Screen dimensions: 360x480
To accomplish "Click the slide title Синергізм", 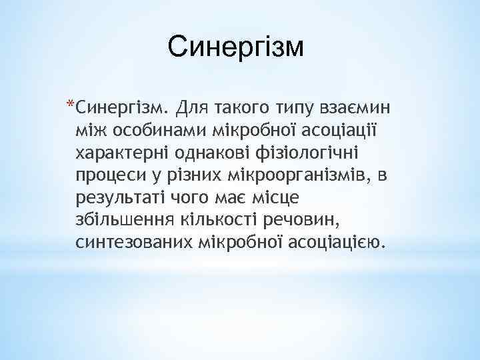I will (235, 48).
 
